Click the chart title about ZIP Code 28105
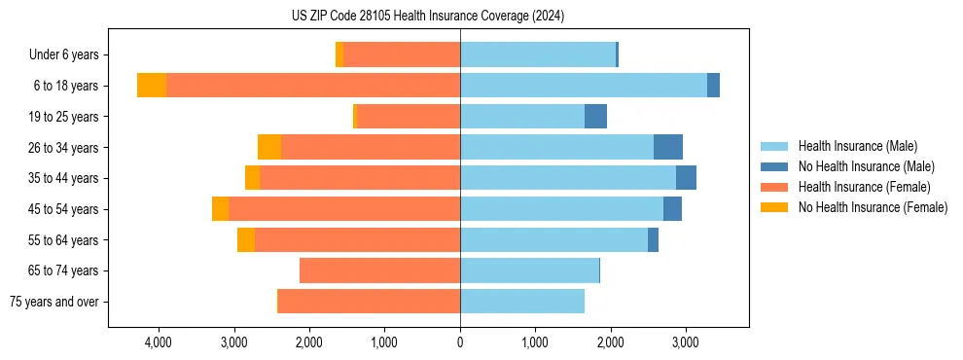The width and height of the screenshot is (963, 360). tap(428, 16)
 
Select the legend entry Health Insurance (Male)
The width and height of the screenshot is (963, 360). tap(856, 146)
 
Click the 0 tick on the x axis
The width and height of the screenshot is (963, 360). tap(460, 343)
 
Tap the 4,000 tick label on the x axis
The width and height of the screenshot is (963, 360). tap(158, 343)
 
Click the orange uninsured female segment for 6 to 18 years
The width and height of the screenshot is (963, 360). tap(152, 86)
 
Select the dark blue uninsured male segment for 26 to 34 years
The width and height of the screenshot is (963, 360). tap(668, 147)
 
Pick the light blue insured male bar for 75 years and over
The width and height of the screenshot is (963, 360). tap(522, 302)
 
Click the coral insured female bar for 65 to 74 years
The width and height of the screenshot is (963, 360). tap(379, 270)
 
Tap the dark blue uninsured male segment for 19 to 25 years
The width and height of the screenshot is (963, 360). tap(595, 117)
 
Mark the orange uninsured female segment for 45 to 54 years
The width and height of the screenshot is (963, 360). tap(220, 209)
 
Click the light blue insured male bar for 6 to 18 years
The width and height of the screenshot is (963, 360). tap(584, 86)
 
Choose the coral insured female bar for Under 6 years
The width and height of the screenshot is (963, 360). tap(402, 54)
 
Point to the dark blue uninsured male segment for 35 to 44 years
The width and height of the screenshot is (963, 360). tap(686, 178)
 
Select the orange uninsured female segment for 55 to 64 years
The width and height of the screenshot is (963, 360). tap(246, 240)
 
